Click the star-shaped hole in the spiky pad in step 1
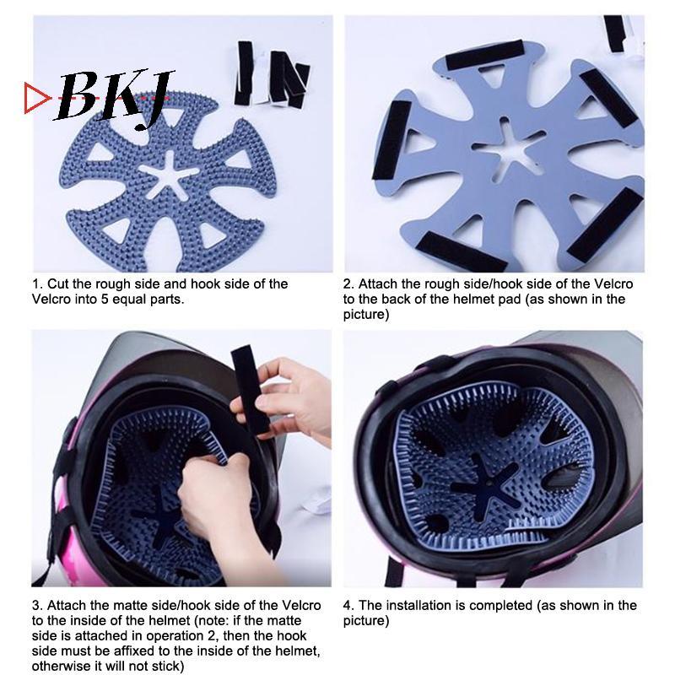click(169, 175)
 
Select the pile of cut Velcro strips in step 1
click(271, 74)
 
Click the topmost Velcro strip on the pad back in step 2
click(484, 56)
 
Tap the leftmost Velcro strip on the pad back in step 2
click(391, 140)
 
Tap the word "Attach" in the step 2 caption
click(378, 283)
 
